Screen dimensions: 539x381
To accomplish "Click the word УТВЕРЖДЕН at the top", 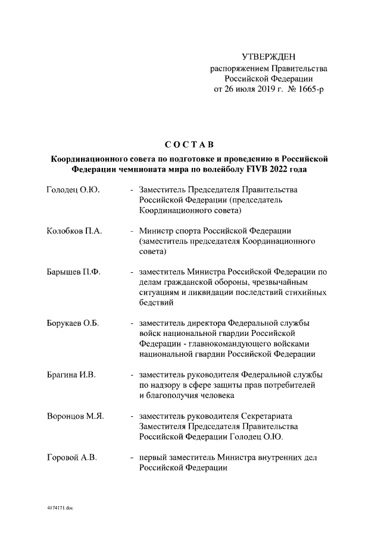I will coord(271,57).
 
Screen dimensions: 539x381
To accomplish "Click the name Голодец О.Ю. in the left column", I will coord(73,189).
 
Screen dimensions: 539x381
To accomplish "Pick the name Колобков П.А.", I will coord(74,230).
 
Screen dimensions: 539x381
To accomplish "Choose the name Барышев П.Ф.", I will coord(73,272).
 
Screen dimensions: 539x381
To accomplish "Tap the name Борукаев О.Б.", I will coord(73,323).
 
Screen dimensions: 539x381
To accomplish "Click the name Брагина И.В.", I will coord(71,375).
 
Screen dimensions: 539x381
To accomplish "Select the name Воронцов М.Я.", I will coord(75,416).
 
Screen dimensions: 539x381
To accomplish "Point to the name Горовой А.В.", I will coord(72,457).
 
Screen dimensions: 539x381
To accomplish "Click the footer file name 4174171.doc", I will coord(60,508).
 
